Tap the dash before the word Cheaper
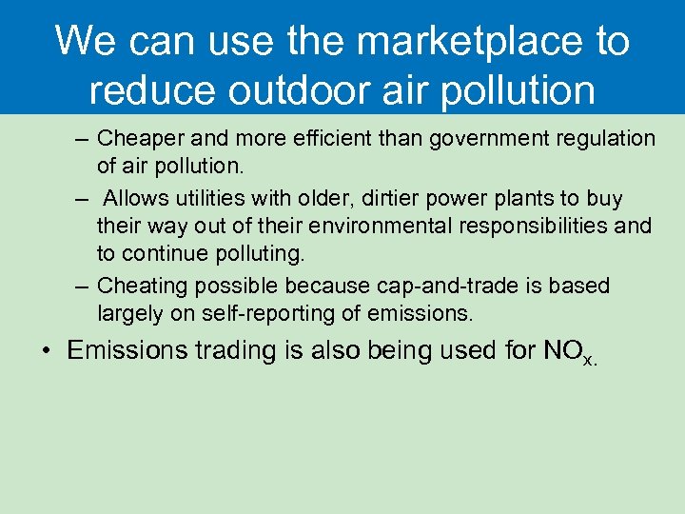[x=82, y=139]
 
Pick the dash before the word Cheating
[x=82, y=287]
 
